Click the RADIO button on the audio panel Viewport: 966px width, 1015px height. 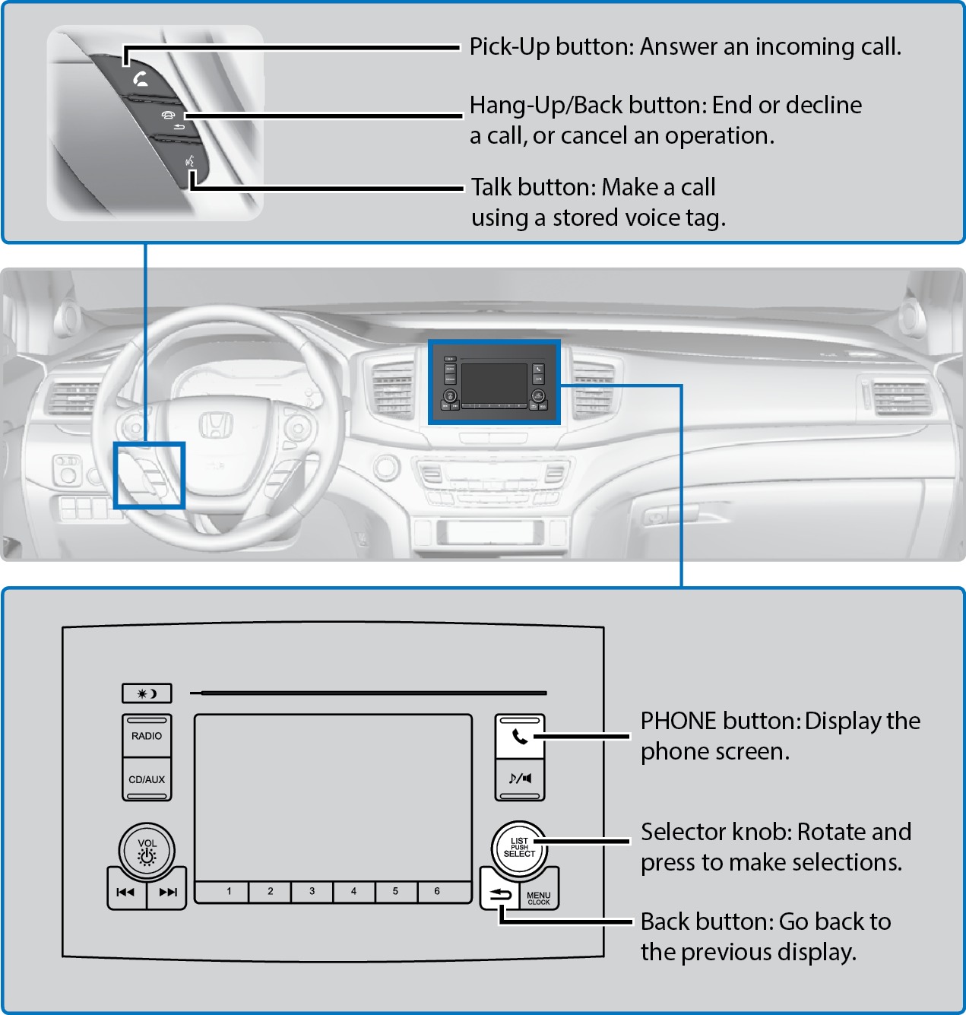click(x=147, y=736)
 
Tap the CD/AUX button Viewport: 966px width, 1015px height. click(x=147, y=779)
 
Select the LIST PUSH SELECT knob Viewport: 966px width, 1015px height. click(x=519, y=848)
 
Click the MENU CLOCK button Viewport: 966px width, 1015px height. click(x=539, y=898)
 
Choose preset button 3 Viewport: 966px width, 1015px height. click(x=312, y=891)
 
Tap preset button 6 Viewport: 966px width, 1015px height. click(x=437, y=891)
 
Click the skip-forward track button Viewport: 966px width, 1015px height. click(x=168, y=893)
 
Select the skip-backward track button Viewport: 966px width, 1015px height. click(x=125, y=893)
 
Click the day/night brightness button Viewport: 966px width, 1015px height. click(x=147, y=693)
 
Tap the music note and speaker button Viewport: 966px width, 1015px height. click(x=520, y=779)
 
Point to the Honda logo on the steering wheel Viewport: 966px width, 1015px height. click(x=216, y=426)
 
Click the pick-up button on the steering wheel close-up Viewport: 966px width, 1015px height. click(x=141, y=78)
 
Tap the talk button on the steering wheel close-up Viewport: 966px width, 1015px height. click(x=191, y=162)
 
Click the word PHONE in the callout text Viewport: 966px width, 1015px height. click(x=679, y=721)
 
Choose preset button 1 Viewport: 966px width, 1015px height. click(x=229, y=891)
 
